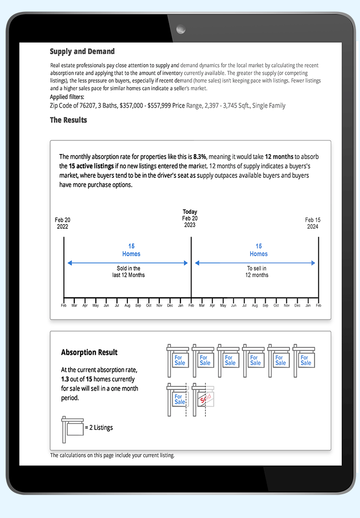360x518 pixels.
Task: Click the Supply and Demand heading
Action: (x=82, y=52)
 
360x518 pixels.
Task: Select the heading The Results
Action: (x=68, y=120)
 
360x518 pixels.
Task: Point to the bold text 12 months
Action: (x=279, y=156)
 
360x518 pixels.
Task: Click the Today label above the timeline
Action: (x=190, y=212)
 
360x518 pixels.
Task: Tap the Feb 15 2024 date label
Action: (x=312, y=223)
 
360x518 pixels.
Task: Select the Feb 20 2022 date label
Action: (x=62, y=223)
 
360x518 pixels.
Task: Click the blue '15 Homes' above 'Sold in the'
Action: (x=131, y=250)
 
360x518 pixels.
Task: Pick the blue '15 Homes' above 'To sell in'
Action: (x=258, y=250)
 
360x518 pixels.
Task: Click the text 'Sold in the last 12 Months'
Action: (x=128, y=272)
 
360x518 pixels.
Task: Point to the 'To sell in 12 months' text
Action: (x=256, y=272)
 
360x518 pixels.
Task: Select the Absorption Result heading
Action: (x=89, y=353)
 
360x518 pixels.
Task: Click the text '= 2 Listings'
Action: (x=99, y=428)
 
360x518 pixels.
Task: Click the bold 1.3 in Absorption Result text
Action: (x=65, y=379)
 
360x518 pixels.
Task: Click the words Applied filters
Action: (x=67, y=97)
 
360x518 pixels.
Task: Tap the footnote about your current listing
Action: (x=112, y=455)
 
